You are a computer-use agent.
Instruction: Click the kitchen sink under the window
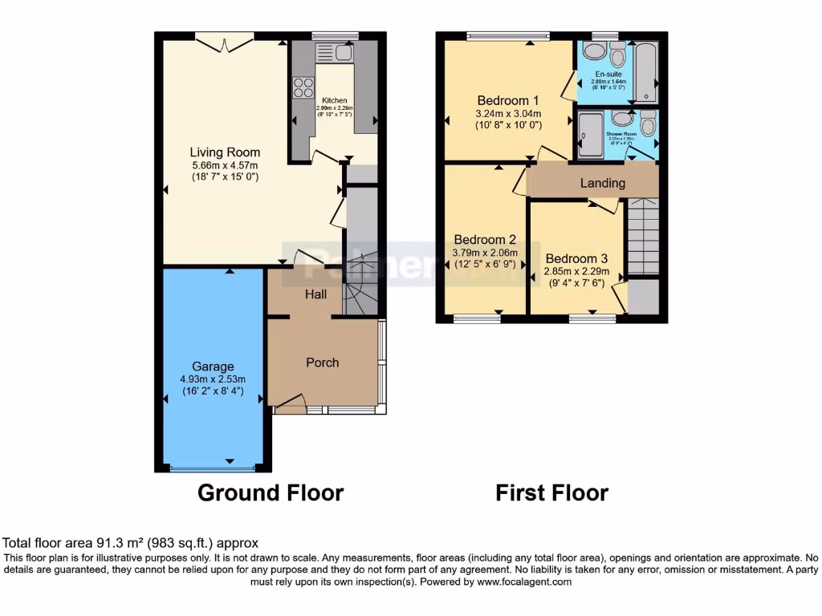(335, 54)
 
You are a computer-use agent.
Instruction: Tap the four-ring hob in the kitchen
(303, 87)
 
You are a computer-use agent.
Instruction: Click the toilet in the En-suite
(617, 55)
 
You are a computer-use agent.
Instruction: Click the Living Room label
(225, 152)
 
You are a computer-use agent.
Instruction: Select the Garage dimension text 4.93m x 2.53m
(213, 379)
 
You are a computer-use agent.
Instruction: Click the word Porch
(323, 363)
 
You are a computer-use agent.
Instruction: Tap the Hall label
(315, 294)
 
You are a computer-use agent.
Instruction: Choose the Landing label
(602, 183)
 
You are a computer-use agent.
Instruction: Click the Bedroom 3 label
(577, 258)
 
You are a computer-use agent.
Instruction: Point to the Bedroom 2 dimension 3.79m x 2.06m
(486, 252)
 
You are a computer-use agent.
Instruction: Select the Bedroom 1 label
(508, 100)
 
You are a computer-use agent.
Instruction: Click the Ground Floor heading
(271, 492)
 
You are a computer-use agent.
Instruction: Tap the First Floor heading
(551, 492)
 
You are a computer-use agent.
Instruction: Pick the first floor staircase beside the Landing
(642, 237)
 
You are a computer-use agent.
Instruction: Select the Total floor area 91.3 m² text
(131, 543)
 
